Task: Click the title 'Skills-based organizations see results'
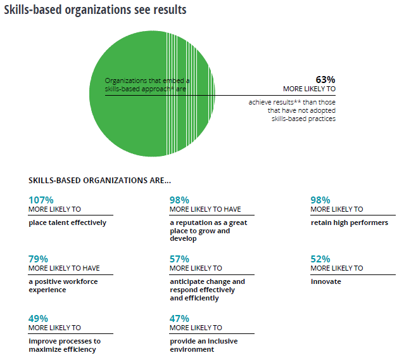[x=95, y=11]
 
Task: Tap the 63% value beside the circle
[x=325, y=79]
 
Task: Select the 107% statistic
[x=41, y=200]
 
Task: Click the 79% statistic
[x=38, y=259]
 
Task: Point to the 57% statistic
[x=179, y=259]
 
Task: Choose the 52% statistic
[x=320, y=259]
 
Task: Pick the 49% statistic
[x=38, y=318]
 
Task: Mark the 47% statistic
[x=179, y=318]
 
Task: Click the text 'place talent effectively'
[x=67, y=222]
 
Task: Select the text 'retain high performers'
[x=349, y=222]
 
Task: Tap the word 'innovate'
[x=325, y=281]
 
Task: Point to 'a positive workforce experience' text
[x=63, y=285]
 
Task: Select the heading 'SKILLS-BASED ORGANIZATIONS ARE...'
[x=99, y=180]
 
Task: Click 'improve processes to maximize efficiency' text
[x=65, y=345]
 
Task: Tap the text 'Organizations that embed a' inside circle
[x=147, y=81]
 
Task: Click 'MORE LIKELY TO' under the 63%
[x=309, y=89]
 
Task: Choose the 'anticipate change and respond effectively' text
[x=207, y=285]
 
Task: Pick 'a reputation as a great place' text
[x=208, y=226]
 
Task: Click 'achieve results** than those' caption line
[x=292, y=101]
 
